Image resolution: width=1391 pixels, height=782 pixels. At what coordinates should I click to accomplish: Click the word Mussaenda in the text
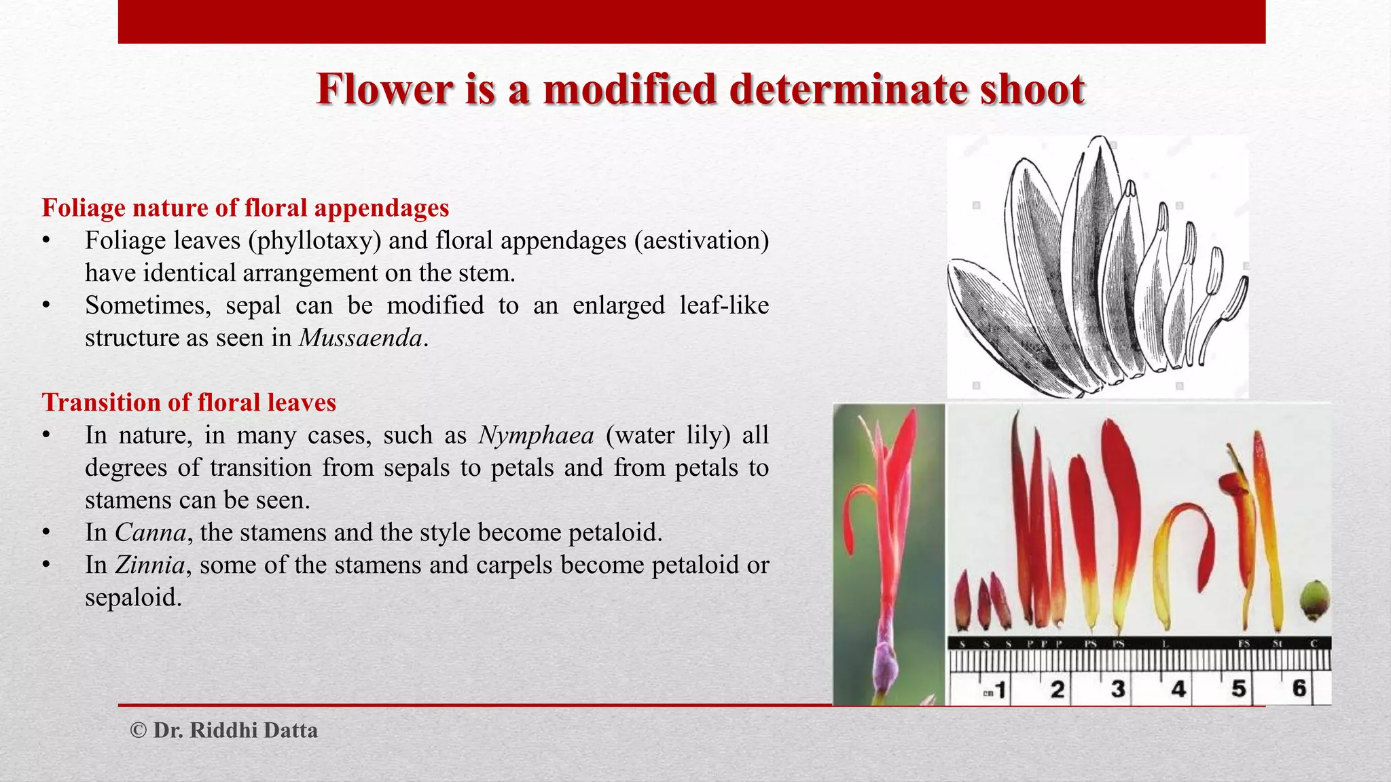360,338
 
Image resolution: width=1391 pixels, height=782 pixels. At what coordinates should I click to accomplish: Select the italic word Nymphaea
536,435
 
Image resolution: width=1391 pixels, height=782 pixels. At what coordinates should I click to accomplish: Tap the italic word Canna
150,533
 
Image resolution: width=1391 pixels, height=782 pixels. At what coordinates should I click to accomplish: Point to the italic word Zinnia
150,565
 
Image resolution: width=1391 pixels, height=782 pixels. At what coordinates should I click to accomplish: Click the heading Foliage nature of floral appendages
245,208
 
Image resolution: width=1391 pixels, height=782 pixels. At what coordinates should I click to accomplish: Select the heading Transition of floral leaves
189,403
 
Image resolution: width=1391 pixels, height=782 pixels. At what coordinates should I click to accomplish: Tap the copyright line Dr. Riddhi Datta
224,730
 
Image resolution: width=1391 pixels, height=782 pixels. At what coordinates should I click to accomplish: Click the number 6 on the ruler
1299,688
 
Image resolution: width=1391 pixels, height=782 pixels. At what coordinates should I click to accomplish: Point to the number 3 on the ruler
1117,689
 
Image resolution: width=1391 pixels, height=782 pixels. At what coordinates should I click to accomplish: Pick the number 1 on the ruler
1000,690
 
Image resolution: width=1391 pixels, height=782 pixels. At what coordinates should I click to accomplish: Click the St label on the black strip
1277,644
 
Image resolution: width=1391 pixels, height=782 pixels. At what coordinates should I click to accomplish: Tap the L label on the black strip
1166,644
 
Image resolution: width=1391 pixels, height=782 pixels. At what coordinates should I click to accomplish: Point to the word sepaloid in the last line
133,598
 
